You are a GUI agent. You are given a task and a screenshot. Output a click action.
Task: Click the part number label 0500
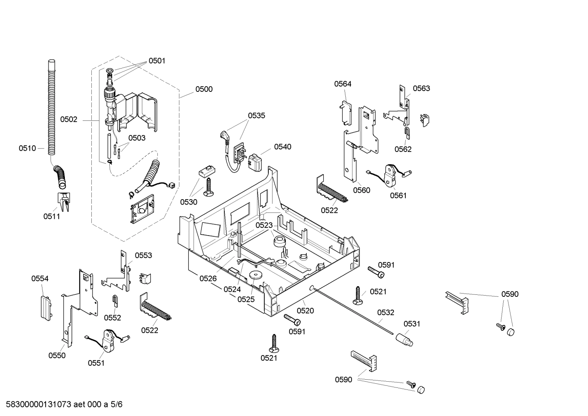[204, 89]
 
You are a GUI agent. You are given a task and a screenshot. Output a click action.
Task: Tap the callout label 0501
[157, 61]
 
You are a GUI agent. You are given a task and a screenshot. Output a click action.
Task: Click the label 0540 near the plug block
[283, 147]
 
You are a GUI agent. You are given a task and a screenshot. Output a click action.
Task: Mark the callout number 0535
[256, 116]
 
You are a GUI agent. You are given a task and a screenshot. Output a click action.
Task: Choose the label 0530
[189, 202]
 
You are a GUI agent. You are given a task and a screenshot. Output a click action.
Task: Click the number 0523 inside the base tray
[264, 225]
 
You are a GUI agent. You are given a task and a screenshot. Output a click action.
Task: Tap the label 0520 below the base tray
[305, 311]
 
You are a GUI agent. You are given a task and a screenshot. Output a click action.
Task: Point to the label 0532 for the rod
[385, 313]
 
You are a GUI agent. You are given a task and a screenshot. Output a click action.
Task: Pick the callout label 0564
[343, 84]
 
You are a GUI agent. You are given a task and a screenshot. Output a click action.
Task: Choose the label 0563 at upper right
[421, 88]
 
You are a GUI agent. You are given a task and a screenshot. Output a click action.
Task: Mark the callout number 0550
[57, 355]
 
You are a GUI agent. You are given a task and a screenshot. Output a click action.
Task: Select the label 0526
[208, 278]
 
